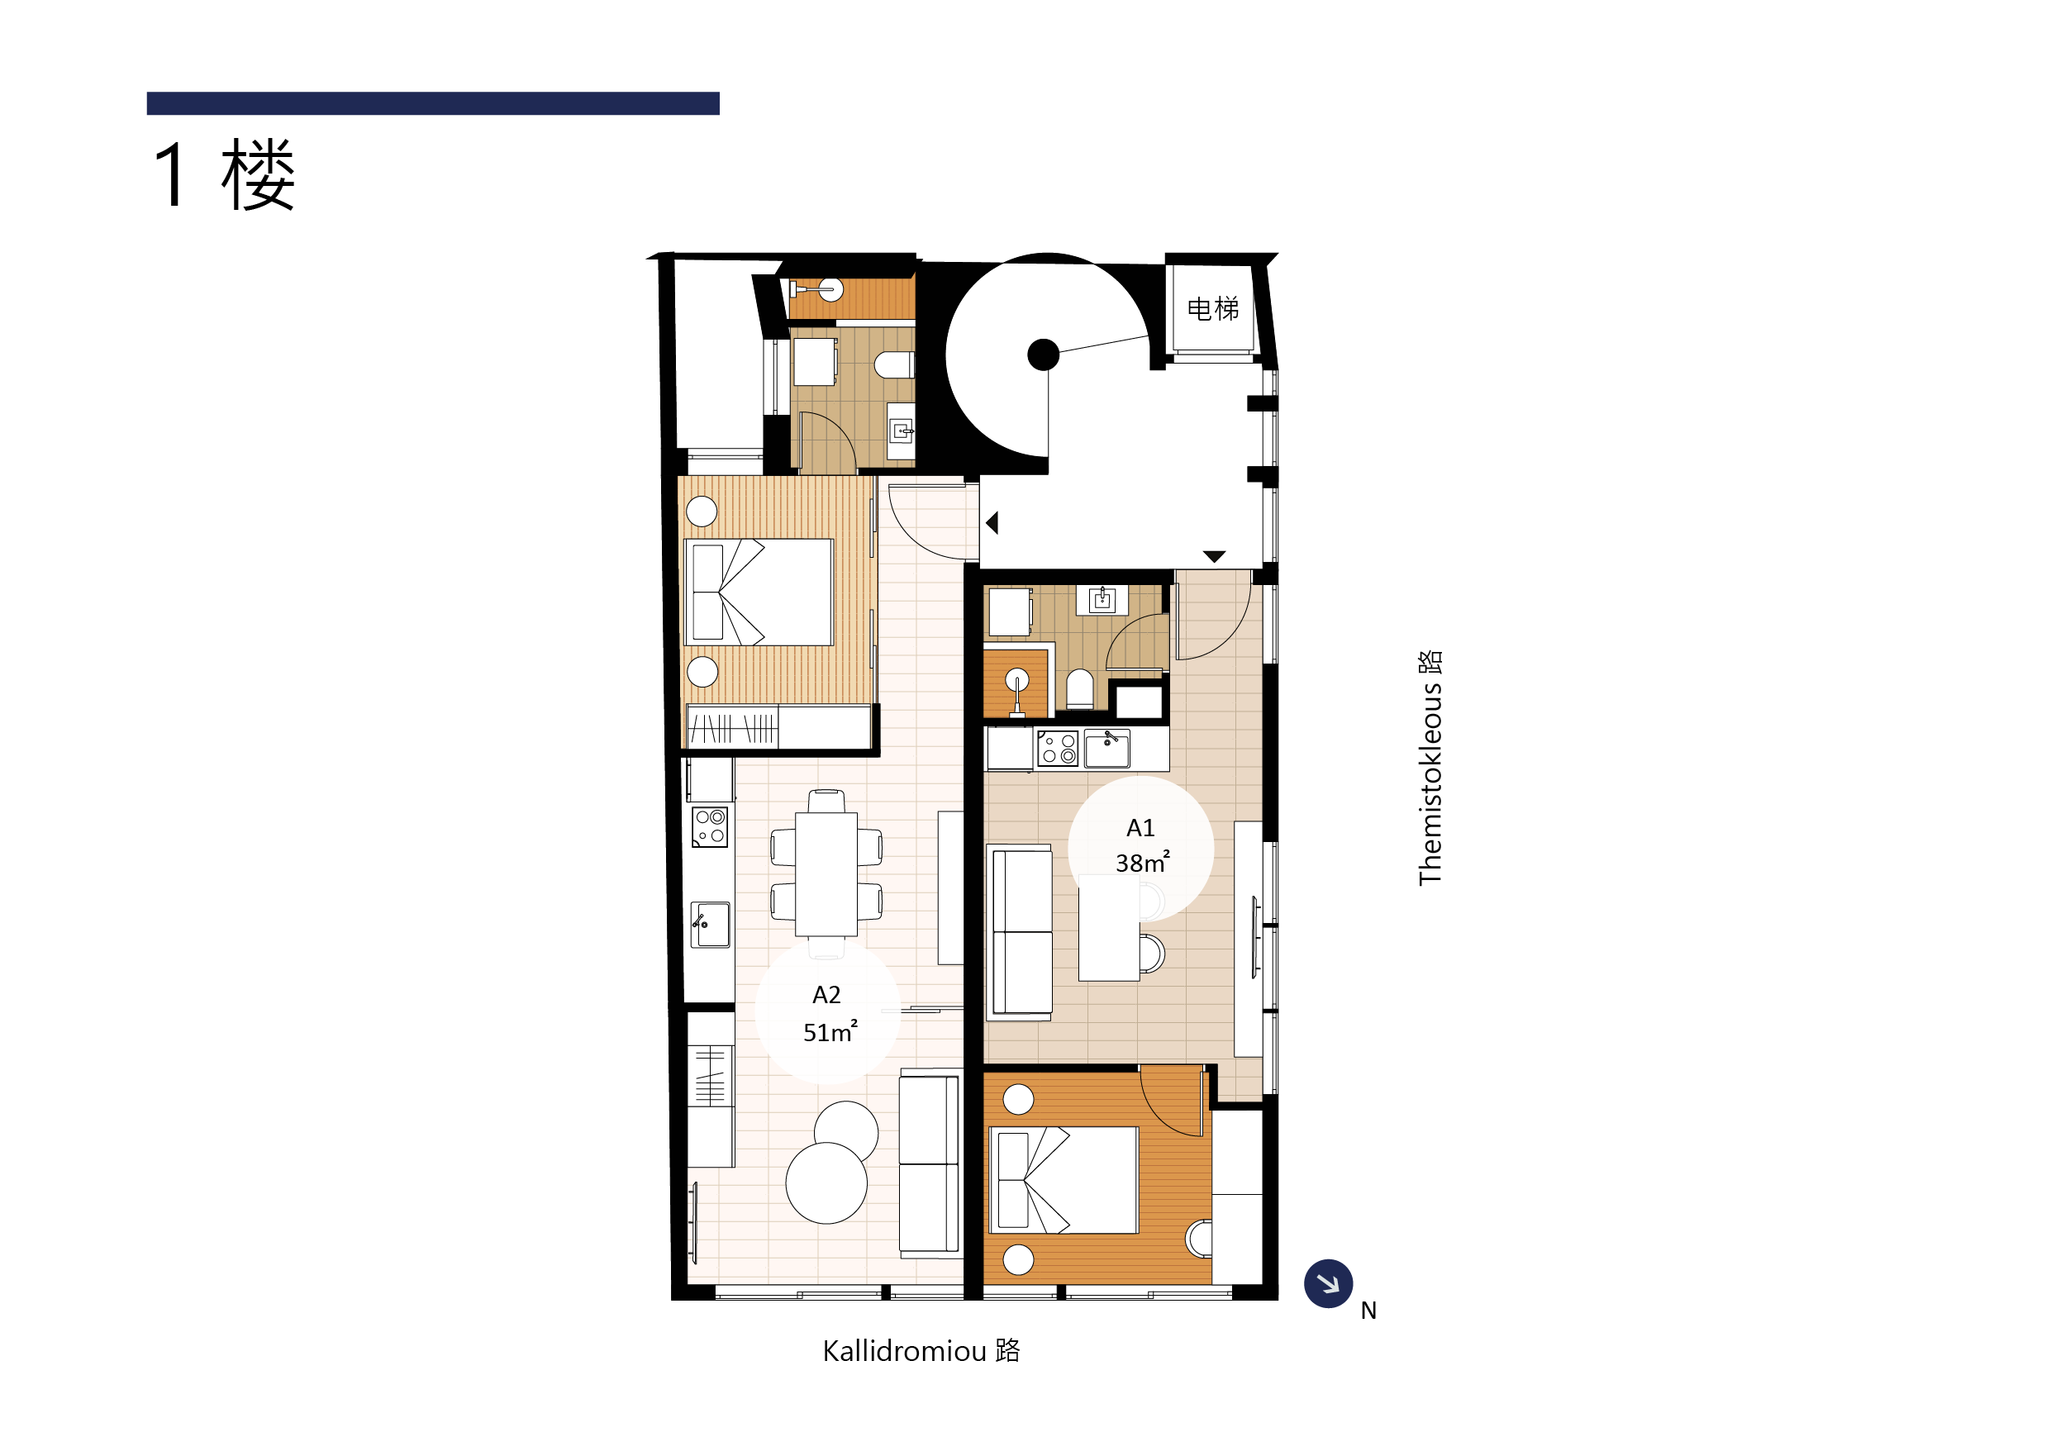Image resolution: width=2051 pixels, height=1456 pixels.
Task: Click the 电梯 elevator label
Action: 1212,309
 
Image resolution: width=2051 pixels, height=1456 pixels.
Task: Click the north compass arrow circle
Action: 1328,1284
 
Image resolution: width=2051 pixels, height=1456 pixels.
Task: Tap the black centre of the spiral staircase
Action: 1043,355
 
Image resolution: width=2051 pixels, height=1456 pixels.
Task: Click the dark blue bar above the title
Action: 433,103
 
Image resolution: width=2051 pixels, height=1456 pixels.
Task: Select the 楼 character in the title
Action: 258,175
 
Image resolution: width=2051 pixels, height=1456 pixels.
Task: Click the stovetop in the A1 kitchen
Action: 1058,749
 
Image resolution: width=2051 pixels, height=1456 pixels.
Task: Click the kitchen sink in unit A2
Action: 710,925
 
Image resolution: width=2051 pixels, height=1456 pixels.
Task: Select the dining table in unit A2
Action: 826,874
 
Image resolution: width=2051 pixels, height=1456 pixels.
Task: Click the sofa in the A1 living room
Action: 1019,932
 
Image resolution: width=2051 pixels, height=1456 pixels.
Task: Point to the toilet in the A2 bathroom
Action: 894,365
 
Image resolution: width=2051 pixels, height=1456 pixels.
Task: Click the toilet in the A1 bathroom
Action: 1080,689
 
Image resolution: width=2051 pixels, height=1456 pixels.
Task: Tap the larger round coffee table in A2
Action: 826,1182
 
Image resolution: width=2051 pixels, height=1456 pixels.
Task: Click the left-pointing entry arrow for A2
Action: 992,523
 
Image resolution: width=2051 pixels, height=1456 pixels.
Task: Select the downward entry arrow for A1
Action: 1214,557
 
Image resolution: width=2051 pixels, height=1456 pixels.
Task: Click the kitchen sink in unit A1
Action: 1107,749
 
